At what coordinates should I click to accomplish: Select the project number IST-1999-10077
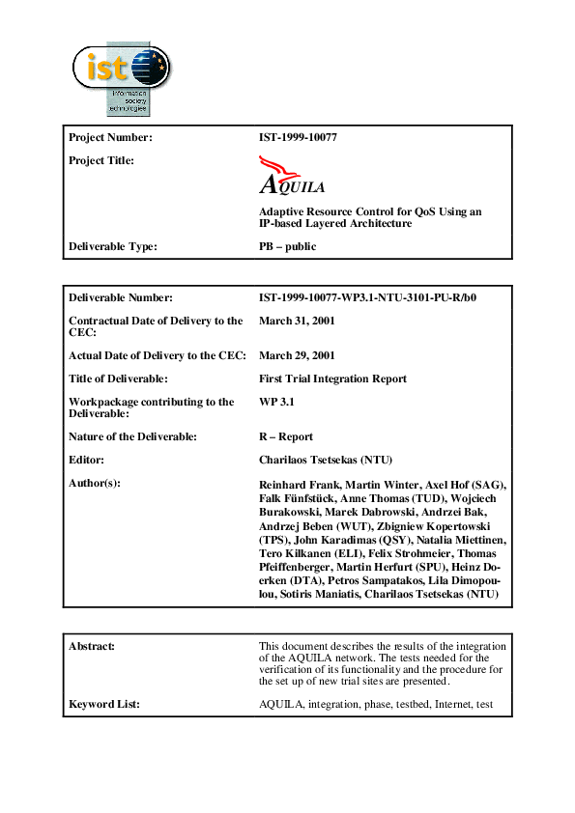[x=298, y=137]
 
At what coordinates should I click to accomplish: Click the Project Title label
[x=101, y=160]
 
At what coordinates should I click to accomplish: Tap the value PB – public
[x=287, y=246]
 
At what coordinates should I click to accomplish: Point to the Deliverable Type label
[x=113, y=246]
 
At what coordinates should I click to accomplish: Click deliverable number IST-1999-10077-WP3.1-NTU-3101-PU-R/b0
[x=367, y=297]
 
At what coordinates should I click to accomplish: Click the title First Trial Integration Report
[x=332, y=378]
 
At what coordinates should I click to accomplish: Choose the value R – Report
[x=286, y=436]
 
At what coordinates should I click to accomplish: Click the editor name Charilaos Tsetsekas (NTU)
[x=333, y=460]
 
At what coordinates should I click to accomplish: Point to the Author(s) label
[x=95, y=483]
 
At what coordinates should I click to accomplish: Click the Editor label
[x=87, y=460]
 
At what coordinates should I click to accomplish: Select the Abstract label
[x=93, y=646]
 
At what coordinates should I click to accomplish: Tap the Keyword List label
[x=104, y=704]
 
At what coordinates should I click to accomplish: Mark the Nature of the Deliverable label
[x=132, y=436]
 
